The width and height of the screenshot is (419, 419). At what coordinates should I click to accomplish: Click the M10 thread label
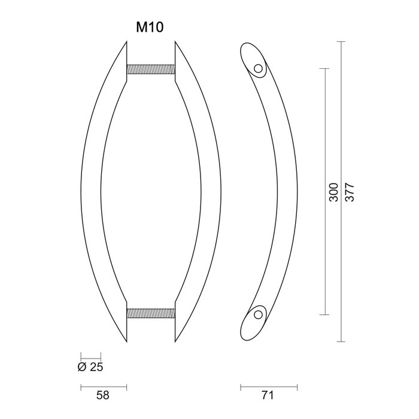(150, 28)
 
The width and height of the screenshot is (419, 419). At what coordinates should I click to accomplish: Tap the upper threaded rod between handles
(151, 70)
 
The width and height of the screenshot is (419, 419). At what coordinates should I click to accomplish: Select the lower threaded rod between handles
(151, 313)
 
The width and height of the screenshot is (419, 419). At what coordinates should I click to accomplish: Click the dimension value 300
(334, 192)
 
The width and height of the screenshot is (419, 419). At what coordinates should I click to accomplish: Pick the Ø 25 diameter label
(90, 366)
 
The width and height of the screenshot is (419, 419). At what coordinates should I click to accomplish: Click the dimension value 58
(103, 396)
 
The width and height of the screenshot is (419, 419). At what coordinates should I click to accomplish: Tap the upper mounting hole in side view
(259, 69)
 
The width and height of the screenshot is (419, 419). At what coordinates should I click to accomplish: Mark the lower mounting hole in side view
(259, 313)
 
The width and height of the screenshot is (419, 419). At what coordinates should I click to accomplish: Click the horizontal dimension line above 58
(103, 385)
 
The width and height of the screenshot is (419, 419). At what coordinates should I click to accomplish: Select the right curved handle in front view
(210, 192)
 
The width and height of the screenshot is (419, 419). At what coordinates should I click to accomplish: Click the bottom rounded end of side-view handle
(248, 329)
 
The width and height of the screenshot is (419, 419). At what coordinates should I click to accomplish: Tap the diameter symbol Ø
(82, 366)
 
